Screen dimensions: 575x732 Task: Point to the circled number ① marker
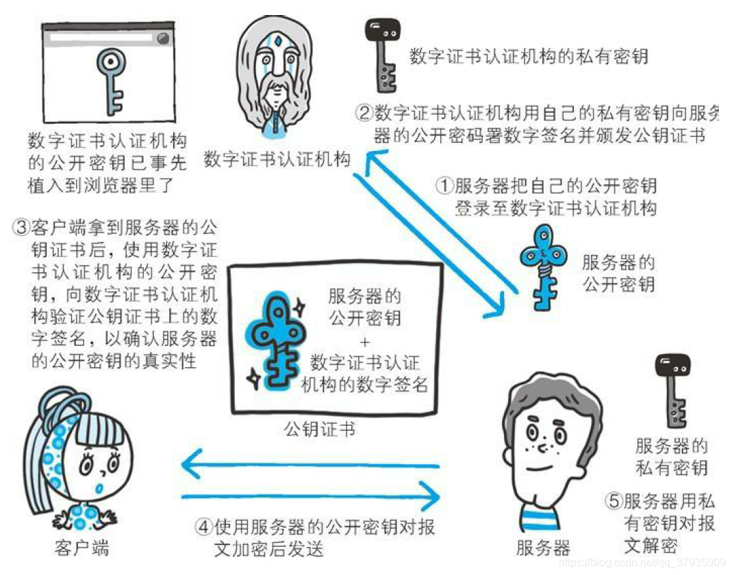445,186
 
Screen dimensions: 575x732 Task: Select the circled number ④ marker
203,527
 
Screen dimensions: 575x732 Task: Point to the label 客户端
81,548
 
